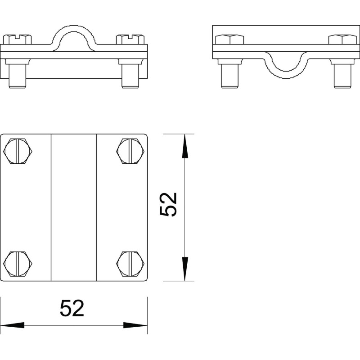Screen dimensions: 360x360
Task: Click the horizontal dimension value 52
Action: click(72, 308)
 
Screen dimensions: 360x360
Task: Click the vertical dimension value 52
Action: click(168, 204)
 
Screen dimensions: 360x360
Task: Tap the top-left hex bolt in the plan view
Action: click(18, 151)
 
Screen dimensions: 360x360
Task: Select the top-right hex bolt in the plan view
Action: click(130, 151)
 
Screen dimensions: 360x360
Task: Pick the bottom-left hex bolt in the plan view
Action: click(18, 264)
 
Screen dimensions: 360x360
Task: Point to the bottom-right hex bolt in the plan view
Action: click(130, 264)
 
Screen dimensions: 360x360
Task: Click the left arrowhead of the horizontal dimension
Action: click(12, 325)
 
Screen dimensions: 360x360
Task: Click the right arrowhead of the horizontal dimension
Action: click(135, 325)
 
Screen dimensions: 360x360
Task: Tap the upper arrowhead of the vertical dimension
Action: click(185, 146)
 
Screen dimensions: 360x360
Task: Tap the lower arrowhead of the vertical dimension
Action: click(185, 269)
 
